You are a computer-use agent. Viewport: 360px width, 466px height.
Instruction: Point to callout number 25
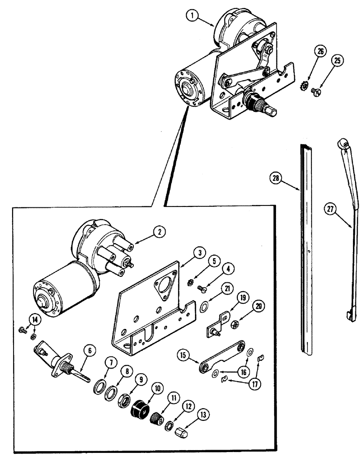tap(337, 60)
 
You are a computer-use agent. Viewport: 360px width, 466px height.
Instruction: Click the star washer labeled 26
tap(308, 85)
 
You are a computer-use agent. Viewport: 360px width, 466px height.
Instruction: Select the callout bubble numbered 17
tap(256, 385)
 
